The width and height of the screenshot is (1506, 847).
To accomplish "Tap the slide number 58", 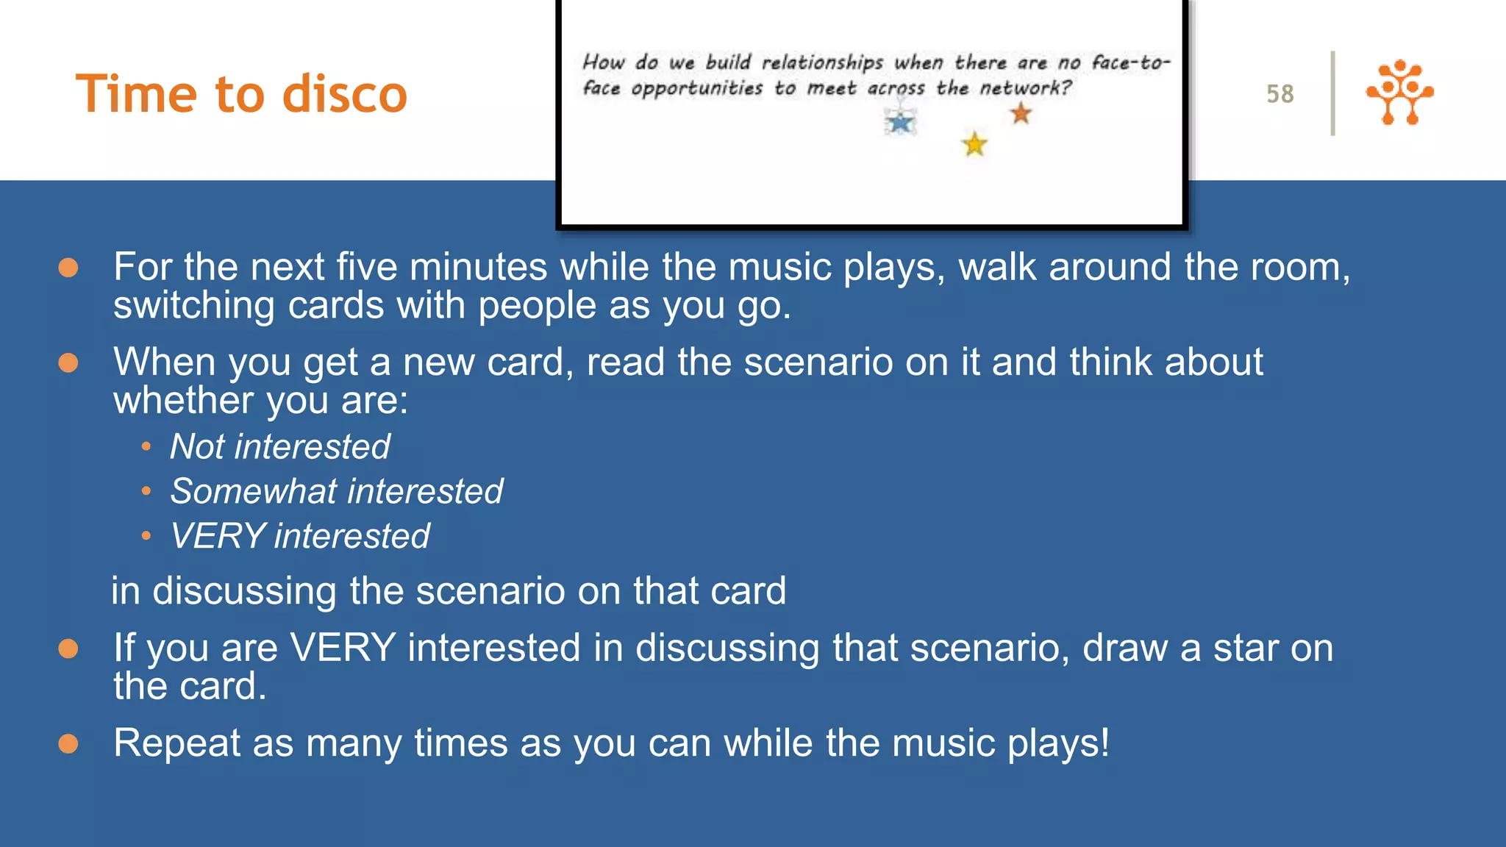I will [x=1280, y=94].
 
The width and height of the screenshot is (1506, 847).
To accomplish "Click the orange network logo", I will [x=1399, y=93].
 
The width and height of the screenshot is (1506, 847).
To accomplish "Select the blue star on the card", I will [x=900, y=122].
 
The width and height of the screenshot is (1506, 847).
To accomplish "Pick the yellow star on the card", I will [x=974, y=144].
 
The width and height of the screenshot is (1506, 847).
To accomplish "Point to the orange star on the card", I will [x=1021, y=114].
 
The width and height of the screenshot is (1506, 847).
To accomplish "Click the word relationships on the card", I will [x=821, y=62].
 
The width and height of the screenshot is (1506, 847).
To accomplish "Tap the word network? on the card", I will [x=1025, y=88].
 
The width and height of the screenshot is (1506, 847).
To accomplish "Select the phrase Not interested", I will [x=279, y=447].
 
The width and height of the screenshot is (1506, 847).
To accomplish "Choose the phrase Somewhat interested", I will [x=336, y=491].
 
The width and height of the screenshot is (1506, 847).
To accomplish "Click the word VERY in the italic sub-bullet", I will [x=217, y=536].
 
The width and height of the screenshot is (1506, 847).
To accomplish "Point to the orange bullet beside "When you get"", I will [x=68, y=362].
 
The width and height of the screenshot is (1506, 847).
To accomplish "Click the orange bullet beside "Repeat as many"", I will [x=68, y=744].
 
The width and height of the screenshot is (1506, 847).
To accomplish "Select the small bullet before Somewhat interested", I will [x=146, y=491].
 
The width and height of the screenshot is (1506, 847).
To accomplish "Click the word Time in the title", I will [x=138, y=94].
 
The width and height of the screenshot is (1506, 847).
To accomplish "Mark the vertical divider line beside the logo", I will [x=1332, y=93].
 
